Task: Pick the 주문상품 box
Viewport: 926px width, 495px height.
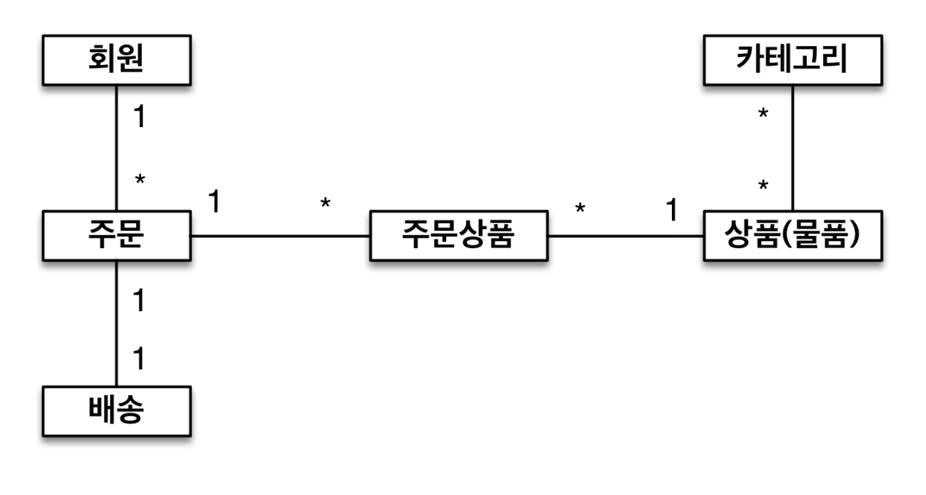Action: coord(459,237)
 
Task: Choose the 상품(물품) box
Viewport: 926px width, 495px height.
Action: coord(792,237)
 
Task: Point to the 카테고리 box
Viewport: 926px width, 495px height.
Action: coord(792,60)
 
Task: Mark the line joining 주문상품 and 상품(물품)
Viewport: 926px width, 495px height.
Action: coord(625,237)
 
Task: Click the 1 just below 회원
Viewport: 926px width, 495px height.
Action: coord(139,117)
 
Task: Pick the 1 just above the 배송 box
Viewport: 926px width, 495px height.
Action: coord(139,359)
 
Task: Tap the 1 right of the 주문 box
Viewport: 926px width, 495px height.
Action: coord(214,202)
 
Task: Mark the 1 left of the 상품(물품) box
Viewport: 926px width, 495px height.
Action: coord(671,210)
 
